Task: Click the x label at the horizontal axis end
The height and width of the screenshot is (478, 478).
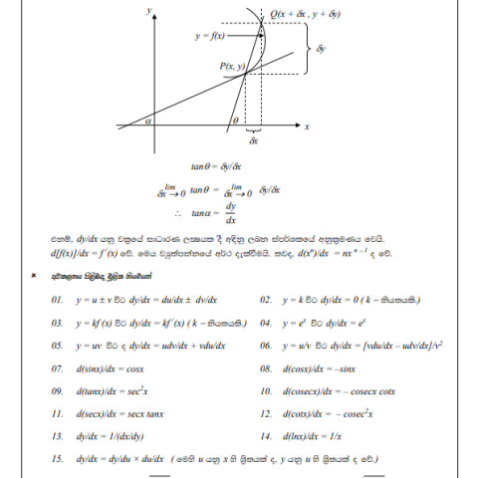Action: [307, 126]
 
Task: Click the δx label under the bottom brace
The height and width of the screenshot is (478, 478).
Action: [254, 142]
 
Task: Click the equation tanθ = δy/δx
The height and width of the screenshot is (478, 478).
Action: [223, 166]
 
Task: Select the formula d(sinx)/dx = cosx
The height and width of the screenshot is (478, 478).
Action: [110, 367]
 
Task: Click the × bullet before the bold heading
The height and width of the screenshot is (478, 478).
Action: [35, 276]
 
